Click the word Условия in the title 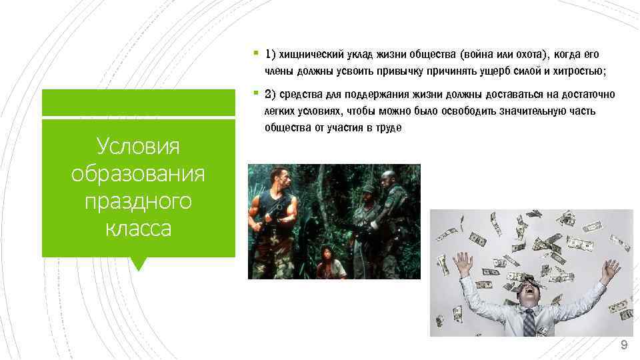coord(138,145)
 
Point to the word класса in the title coord(138,228)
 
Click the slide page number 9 coord(623,345)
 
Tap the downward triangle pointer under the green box coord(139,264)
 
